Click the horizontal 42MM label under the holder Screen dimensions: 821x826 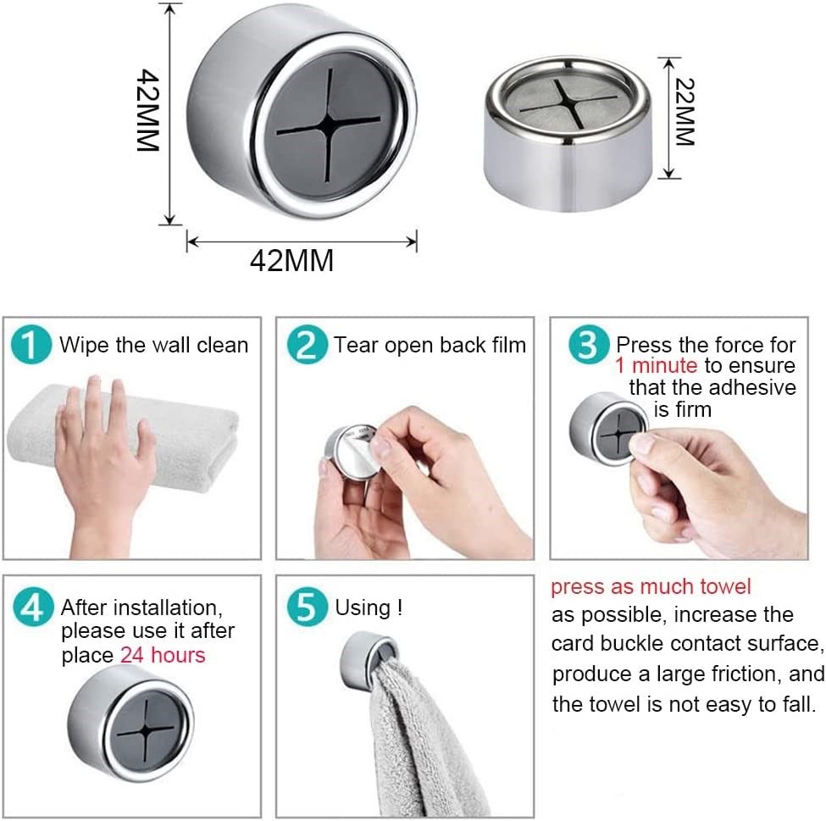click(291, 261)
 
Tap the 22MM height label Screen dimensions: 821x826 click(685, 113)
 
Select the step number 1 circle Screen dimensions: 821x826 click(32, 347)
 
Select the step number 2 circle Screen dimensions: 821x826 click(306, 347)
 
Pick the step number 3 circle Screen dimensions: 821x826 click(589, 347)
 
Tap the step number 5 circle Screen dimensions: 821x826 click(306, 608)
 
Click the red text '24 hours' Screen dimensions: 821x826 click(163, 655)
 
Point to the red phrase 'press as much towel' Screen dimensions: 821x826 click(651, 586)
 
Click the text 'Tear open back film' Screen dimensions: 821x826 click(430, 345)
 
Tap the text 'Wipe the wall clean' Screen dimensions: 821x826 click(153, 345)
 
